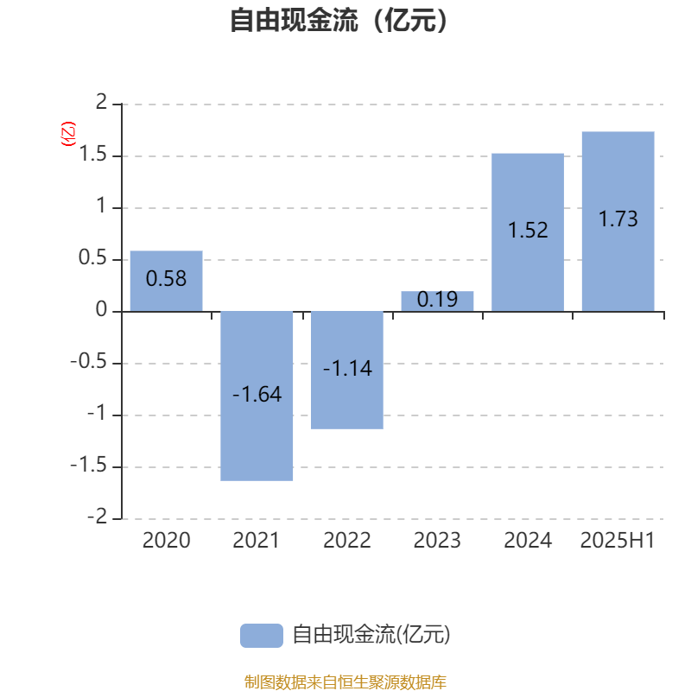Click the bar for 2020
(166, 282)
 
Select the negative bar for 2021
(257, 396)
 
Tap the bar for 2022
(347, 371)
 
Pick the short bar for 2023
(437, 301)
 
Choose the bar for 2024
(528, 232)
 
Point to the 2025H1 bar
(618, 222)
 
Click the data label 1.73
(618, 219)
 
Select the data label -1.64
(257, 394)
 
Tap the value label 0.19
(437, 300)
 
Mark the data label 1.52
(528, 230)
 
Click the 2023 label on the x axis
(437, 541)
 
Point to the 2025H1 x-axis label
(618, 541)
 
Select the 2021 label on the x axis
(256, 541)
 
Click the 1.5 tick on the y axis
(93, 155)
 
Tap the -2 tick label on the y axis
(98, 517)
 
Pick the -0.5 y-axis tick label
(89, 361)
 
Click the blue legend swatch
(262, 636)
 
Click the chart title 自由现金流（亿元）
(339, 21)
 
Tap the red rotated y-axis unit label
(68, 134)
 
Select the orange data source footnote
(345, 681)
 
